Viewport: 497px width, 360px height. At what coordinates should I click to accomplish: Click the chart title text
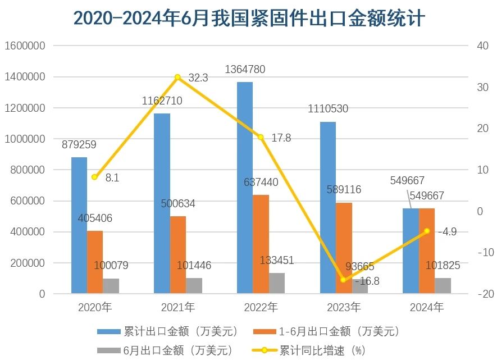(x=249, y=18)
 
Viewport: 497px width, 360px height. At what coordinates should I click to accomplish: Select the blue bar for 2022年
(x=245, y=188)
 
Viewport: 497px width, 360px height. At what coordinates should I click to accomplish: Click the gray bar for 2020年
(x=111, y=286)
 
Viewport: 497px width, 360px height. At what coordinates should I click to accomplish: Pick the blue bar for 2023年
(x=328, y=207)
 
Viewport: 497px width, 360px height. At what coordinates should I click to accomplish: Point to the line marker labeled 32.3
(x=177, y=78)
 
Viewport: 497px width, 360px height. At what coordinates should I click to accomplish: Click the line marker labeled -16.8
(x=344, y=279)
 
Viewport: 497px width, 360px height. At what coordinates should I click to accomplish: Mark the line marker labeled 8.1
(x=94, y=177)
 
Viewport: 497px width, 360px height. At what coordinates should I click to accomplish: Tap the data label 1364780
(x=245, y=70)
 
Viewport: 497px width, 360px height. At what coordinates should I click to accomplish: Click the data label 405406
(x=95, y=218)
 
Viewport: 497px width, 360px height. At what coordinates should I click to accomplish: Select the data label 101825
(x=443, y=266)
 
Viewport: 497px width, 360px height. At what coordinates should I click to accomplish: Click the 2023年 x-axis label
(x=344, y=307)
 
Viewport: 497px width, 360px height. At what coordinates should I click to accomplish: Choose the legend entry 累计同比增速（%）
(x=322, y=350)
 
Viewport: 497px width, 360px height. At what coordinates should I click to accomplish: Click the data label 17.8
(x=281, y=138)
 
